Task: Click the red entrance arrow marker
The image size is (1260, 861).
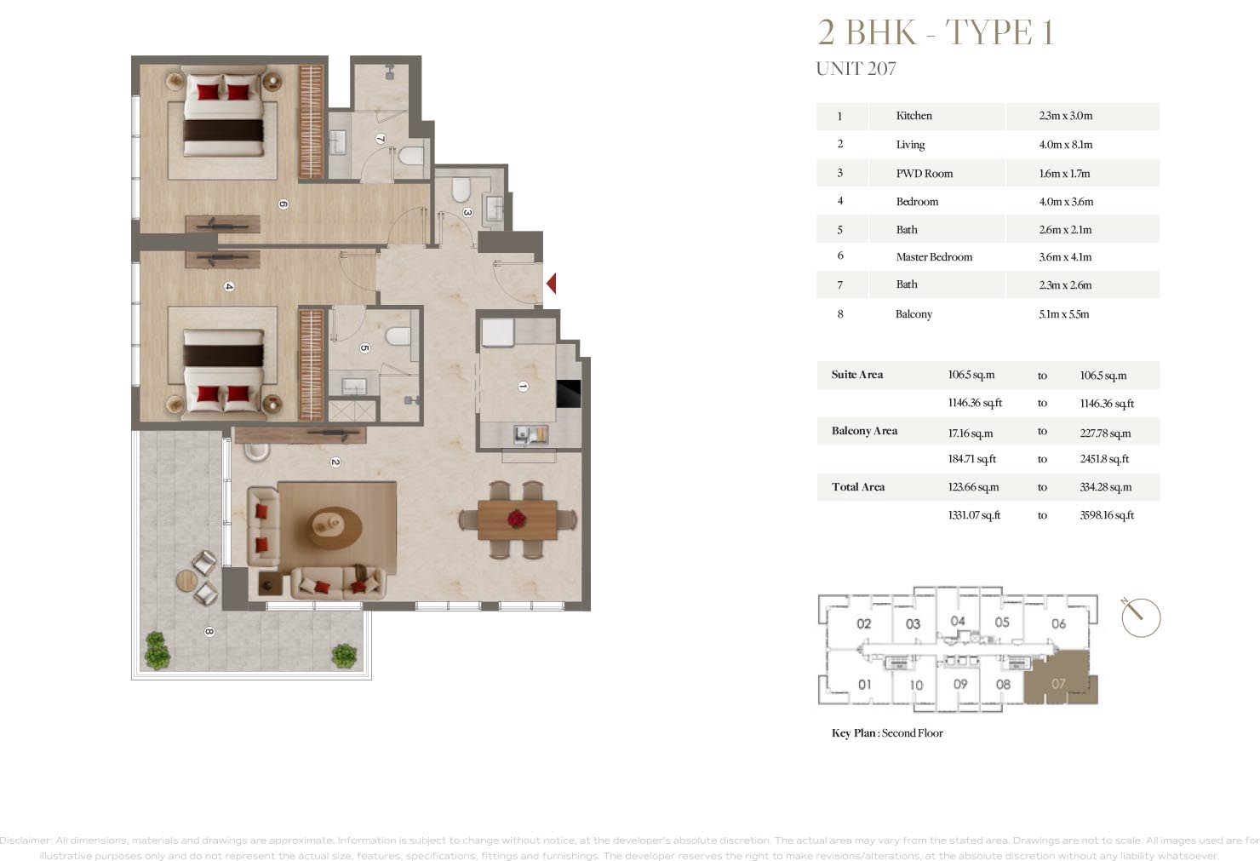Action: [x=552, y=283]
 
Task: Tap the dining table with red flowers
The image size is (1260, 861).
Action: [x=518, y=519]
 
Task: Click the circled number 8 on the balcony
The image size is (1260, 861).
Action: [x=209, y=632]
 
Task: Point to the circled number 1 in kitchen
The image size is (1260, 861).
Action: [x=523, y=386]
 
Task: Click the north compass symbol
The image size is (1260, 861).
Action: [x=1140, y=617]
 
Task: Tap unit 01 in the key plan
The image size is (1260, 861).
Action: [x=864, y=684]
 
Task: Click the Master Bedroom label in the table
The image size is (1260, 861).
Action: [x=934, y=257]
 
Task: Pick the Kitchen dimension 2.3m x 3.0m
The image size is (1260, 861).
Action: [x=1065, y=116]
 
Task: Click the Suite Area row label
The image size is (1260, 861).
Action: [x=856, y=375]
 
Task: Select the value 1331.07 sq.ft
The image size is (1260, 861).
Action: [x=974, y=515]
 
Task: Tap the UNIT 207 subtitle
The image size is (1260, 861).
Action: [x=856, y=69]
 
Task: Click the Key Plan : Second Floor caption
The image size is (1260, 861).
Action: [x=887, y=733]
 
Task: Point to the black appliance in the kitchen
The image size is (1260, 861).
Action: [x=568, y=393]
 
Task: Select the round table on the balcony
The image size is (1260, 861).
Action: [x=186, y=581]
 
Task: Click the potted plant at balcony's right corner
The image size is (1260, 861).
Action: [x=344, y=655]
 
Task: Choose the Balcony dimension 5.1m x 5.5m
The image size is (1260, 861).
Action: [x=1063, y=314]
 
